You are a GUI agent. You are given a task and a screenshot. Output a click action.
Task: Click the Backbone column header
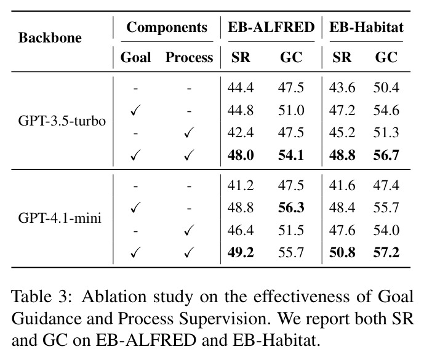(x=50, y=38)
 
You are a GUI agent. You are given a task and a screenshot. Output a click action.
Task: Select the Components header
(x=167, y=28)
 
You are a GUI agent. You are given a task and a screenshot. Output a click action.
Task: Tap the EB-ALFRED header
(x=271, y=27)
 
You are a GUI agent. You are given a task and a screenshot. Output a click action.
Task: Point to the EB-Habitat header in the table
(x=366, y=27)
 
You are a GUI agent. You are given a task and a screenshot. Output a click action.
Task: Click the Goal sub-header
(x=135, y=57)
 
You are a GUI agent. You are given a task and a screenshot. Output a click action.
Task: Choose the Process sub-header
(x=190, y=57)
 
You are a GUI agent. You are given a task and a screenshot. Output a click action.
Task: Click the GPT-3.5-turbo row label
(x=62, y=121)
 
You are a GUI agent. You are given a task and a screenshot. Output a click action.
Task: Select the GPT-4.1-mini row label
(x=60, y=218)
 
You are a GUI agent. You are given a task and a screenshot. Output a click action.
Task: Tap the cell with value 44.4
(x=241, y=87)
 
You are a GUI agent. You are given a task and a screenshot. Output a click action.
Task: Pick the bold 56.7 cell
(x=386, y=155)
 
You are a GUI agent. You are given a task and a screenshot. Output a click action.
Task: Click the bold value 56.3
(x=291, y=207)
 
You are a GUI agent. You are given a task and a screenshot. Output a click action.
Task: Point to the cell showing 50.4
(x=386, y=87)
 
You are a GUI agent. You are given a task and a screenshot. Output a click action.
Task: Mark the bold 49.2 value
(x=241, y=253)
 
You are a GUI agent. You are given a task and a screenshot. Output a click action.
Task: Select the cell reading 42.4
(x=241, y=132)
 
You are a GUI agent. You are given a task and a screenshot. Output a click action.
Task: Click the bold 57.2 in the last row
(x=386, y=253)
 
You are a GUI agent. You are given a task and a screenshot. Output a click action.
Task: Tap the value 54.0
(x=386, y=230)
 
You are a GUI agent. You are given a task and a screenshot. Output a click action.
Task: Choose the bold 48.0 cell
(x=241, y=155)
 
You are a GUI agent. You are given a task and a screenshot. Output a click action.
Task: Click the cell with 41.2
(x=241, y=186)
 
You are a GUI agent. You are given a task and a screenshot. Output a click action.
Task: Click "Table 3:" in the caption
(x=42, y=297)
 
